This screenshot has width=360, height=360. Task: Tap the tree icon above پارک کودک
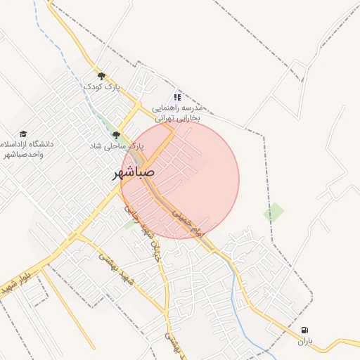(101, 76)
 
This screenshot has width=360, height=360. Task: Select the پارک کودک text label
(102, 86)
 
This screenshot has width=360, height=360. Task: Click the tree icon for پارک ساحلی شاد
(116, 135)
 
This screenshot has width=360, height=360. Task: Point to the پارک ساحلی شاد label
(116, 146)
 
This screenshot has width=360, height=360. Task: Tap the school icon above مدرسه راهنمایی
(178, 97)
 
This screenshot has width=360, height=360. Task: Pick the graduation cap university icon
(23, 134)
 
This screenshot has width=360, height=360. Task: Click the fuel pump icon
(304, 330)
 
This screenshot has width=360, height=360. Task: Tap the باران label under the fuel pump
(304, 342)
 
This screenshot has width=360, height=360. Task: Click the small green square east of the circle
(274, 212)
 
